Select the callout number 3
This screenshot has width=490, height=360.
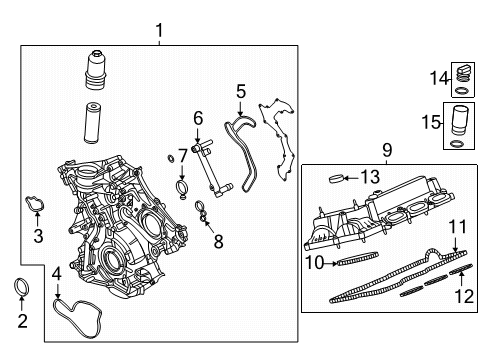38,236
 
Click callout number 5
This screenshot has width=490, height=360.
240,91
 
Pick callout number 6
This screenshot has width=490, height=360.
198,118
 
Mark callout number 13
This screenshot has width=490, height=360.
387,150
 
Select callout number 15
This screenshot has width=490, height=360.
459,226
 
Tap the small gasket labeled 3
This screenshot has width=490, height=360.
371,177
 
